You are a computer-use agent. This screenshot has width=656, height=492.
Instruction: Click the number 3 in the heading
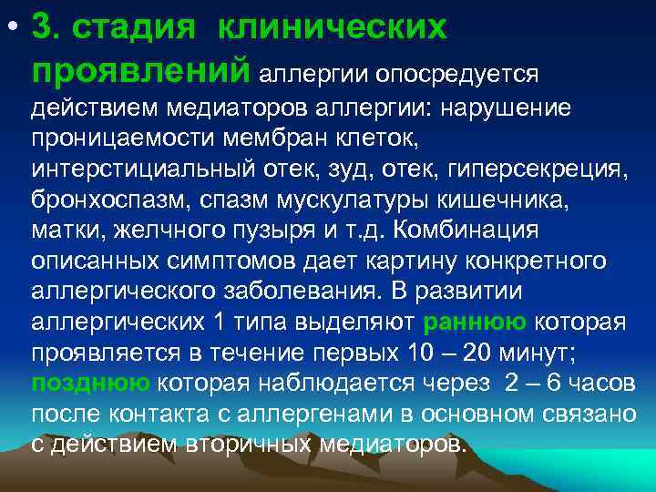40,26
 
